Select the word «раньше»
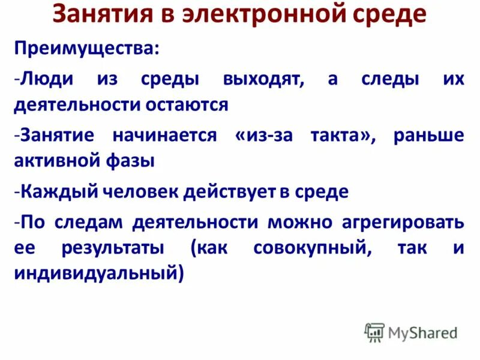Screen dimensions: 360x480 (x=429, y=136)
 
